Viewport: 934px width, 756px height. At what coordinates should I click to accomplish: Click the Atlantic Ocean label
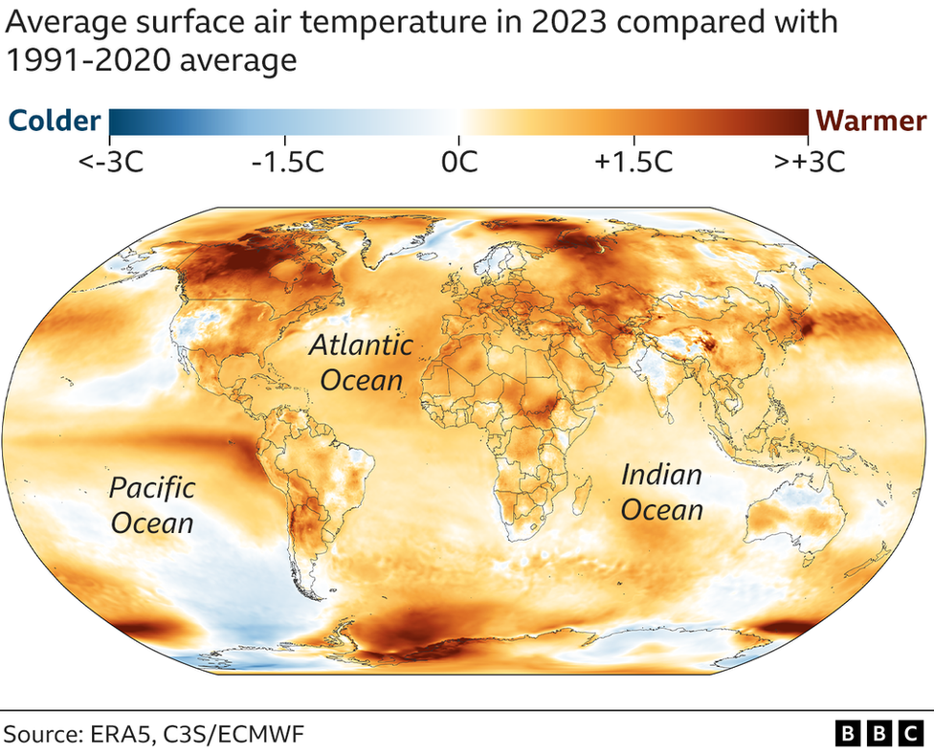[362, 363]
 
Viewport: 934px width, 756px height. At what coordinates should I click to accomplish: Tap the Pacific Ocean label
[152, 505]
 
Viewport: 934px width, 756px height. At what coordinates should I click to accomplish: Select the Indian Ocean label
[662, 493]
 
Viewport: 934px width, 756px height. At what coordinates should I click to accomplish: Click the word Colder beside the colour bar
[55, 121]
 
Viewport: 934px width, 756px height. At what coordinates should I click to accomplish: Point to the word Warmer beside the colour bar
[870, 121]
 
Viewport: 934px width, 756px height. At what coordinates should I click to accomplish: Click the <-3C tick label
[110, 161]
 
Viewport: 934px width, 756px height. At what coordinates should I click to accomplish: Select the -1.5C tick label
[288, 161]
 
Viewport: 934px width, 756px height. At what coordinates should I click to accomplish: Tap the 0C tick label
[459, 161]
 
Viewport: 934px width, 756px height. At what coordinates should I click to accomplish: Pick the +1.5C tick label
[634, 161]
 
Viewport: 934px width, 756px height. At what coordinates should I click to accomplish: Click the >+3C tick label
[809, 161]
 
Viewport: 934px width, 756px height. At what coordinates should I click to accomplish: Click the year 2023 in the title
[568, 22]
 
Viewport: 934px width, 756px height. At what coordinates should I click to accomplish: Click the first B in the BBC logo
[848, 733]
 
